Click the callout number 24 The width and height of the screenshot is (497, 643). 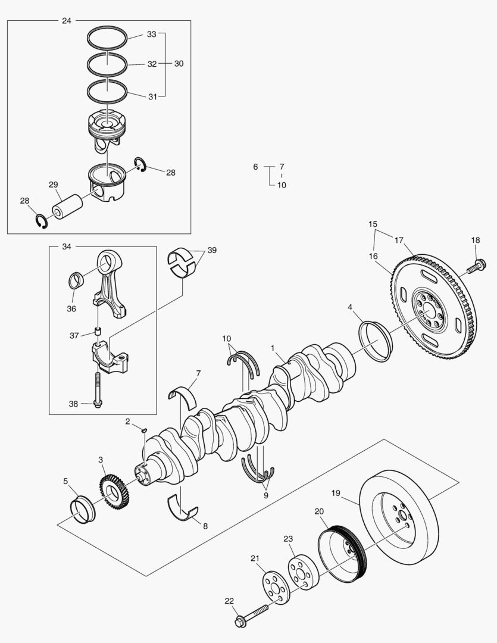[x=66, y=21]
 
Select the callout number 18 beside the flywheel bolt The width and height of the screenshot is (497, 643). [x=475, y=240]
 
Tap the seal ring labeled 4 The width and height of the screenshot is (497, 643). [x=376, y=341]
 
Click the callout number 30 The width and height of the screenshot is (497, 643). [x=179, y=64]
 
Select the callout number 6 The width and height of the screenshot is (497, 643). [x=255, y=167]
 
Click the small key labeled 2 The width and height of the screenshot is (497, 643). [x=143, y=429]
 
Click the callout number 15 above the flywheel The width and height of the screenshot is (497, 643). [x=373, y=224]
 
